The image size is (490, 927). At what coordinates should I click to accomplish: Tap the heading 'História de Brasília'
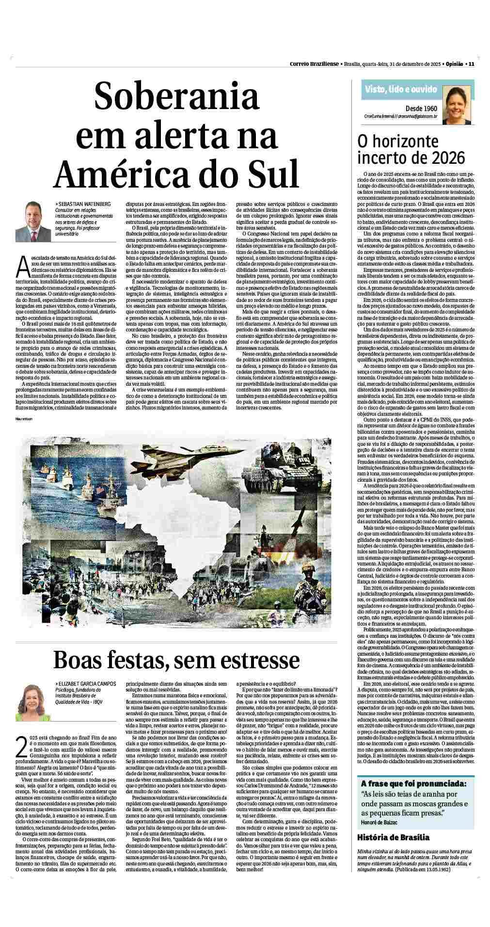click(x=393, y=837)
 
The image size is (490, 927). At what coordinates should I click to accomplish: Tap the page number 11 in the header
click(x=471, y=63)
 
